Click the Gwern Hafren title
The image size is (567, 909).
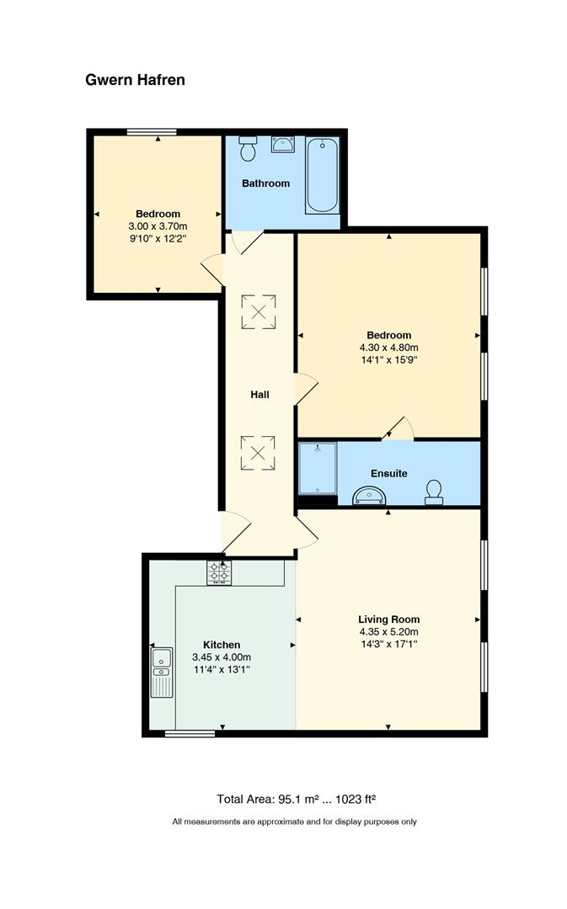click(x=136, y=80)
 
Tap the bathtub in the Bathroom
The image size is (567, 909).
click(x=322, y=176)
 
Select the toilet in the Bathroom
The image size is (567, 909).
click(x=248, y=149)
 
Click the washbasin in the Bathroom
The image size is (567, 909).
click(x=282, y=145)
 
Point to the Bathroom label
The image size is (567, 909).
click(x=265, y=183)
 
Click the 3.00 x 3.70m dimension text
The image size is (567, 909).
click(x=158, y=226)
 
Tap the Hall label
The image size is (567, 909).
click(x=260, y=394)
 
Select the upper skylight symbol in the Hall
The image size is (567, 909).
click(x=259, y=312)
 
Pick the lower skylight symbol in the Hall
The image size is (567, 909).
click(x=259, y=453)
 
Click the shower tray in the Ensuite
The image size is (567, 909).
click(x=318, y=469)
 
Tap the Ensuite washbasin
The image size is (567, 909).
click(x=369, y=496)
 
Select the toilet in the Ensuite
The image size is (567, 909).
click(x=434, y=492)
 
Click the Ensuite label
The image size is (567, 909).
click(x=389, y=474)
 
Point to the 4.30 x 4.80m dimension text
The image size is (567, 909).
click(x=389, y=348)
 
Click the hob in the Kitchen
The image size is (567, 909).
click(x=219, y=573)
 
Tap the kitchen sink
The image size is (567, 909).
click(x=162, y=672)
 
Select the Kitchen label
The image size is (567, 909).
click(x=222, y=645)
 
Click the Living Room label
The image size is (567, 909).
click(x=389, y=619)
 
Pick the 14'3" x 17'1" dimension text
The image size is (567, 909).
click(x=389, y=644)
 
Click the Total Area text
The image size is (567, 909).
click(x=297, y=799)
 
